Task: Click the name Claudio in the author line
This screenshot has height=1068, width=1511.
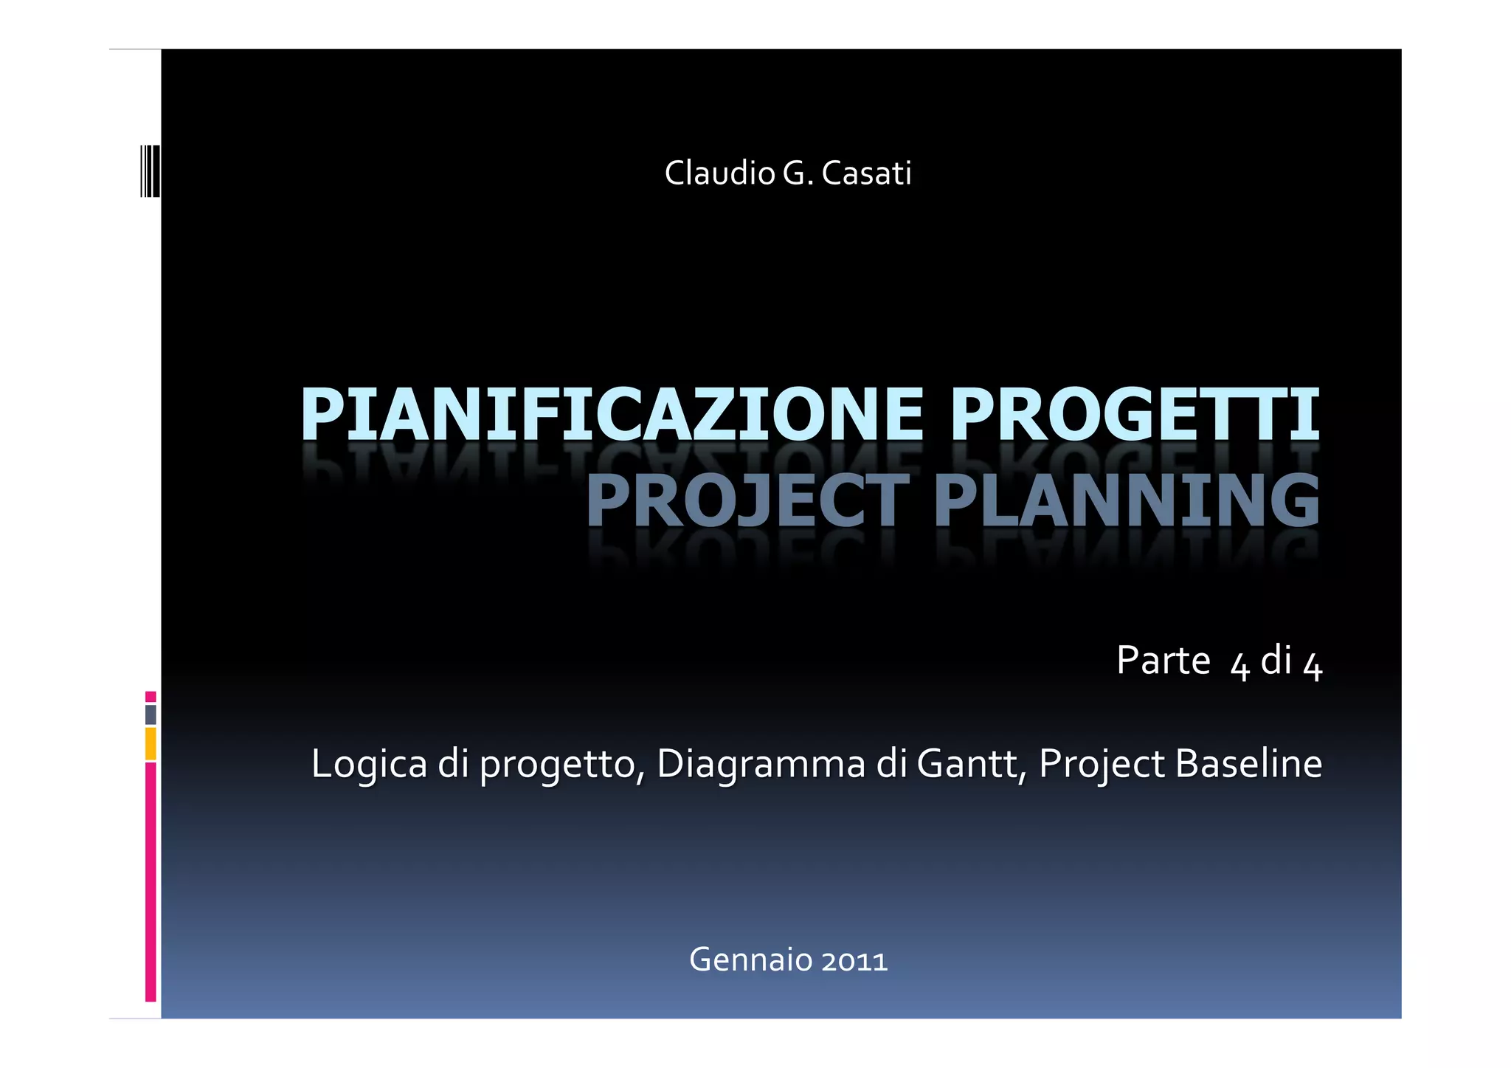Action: (x=719, y=173)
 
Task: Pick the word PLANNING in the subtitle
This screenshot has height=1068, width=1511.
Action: (x=1127, y=501)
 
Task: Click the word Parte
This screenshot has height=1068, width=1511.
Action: (x=1163, y=660)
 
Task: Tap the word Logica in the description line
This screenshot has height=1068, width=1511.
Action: (x=369, y=764)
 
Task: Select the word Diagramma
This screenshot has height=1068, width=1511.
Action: (x=760, y=764)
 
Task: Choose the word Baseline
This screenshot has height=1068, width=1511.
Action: (x=1248, y=764)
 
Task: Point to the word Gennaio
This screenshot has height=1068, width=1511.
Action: (x=750, y=960)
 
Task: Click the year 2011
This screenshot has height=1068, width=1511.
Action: (x=854, y=961)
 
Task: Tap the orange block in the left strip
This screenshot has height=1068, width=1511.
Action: (x=151, y=744)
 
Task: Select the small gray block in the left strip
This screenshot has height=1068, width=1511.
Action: (x=151, y=714)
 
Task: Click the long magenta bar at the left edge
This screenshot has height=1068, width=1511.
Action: (x=151, y=882)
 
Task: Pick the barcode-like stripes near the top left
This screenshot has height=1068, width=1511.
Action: (x=150, y=171)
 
